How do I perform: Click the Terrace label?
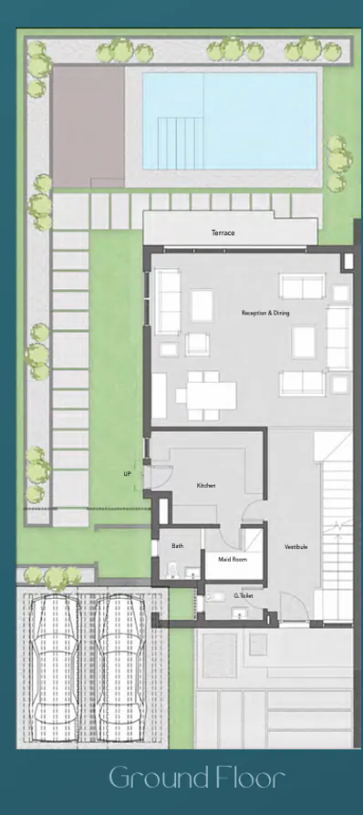pyautogui.click(x=223, y=233)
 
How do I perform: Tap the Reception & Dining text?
pyautogui.click(x=265, y=313)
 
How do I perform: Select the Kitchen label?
pyautogui.click(x=206, y=486)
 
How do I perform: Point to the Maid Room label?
pyautogui.click(x=223, y=560)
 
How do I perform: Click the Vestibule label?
pyautogui.click(x=296, y=547)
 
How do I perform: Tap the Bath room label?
pyautogui.click(x=178, y=546)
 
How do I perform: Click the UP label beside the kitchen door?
pyautogui.click(x=128, y=475)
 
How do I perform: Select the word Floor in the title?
pyautogui.click(x=254, y=779)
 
